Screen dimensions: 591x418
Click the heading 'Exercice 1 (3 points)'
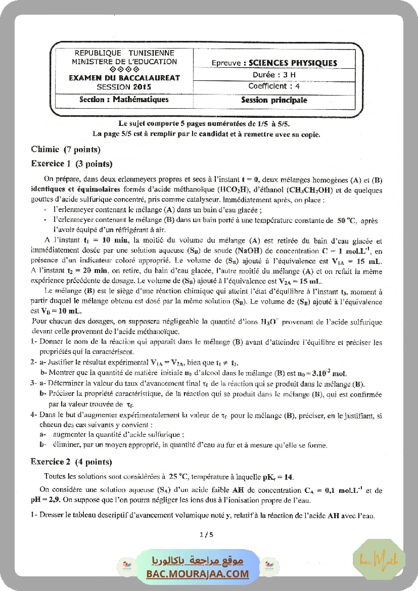(71, 164)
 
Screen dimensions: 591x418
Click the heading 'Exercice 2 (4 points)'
(71, 462)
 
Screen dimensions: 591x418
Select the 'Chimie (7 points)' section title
(66, 149)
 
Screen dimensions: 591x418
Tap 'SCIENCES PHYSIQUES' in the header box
(290, 63)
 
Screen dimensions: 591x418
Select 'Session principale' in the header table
(274, 100)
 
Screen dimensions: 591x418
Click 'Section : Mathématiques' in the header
(124, 100)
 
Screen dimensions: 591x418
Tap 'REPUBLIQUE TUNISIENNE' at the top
(124, 53)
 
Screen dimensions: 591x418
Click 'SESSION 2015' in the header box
(124, 86)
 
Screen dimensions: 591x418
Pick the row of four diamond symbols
(124, 69)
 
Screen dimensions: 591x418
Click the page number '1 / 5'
(207, 534)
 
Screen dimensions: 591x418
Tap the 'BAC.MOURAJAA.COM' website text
(198, 574)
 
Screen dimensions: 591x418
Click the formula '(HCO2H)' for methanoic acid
(234, 191)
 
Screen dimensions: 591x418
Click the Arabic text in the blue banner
(198, 561)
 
